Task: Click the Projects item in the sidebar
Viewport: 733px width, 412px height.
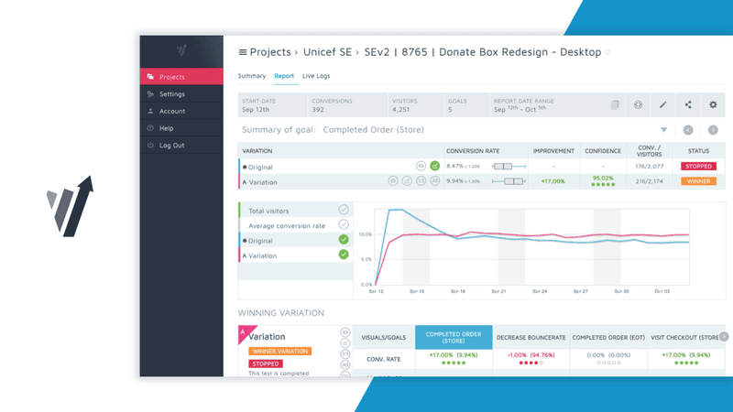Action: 171,77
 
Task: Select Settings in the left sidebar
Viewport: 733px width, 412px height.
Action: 171,94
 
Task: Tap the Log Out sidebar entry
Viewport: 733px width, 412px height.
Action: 171,146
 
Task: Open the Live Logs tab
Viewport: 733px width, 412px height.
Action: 316,76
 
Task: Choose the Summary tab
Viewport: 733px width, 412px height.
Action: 252,76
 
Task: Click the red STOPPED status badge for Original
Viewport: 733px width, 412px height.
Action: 698,167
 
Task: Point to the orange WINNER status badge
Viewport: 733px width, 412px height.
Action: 698,181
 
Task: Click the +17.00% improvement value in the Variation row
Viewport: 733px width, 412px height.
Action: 552,181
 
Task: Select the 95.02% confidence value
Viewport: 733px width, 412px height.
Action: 602,179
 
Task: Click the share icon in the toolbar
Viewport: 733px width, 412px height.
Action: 688,104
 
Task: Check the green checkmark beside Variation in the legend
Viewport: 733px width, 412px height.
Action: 344,254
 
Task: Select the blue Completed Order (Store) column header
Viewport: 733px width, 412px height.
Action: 454,337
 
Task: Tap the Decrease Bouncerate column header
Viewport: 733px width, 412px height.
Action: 531,337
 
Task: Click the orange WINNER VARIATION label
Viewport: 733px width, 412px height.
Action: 279,351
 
